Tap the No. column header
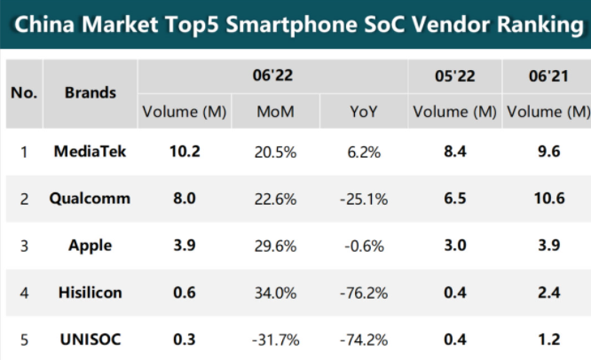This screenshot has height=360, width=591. pyautogui.click(x=24, y=92)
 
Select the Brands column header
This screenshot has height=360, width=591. pyautogui.click(x=91, y=92)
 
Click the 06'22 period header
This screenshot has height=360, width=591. pyautogui.click(x=272, y=75)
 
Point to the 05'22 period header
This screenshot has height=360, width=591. pyautogui.click(x=455, y=76)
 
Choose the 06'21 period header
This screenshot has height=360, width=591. pyautogui.click(x=548, y=76)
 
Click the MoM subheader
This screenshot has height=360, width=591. pyautogui.click(x=275, y=112)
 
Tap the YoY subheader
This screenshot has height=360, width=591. pyautogui.click(x=363, y=112)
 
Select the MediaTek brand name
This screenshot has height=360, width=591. pyautogui.click(x=91, y=152)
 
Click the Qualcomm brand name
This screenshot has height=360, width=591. pyautogui.click(x=90, y=199)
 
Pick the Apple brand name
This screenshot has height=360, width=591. pyautogui.click(x=91, y=246)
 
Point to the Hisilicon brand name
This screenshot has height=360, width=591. pyautogui.click(x=91, y=293)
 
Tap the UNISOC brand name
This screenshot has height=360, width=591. pyautogui.click(x=91, y=340)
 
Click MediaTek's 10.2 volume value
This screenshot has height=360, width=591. pyautogui.click(x=185, y=152)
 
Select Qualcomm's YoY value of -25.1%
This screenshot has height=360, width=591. pyautogui.click(x=364, y=200)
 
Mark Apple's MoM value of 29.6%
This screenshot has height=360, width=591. pyautogui.click(x=275, y=247)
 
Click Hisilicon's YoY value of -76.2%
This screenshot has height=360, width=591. pyautogui.click(x=364, y=293)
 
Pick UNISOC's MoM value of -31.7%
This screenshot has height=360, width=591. pyautogui.click(x=275, y=340)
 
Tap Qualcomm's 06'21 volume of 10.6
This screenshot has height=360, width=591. pyautogui.click(x=549, y=199)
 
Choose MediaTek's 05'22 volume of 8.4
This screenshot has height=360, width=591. pyautogui.click(x=455, y=152)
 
